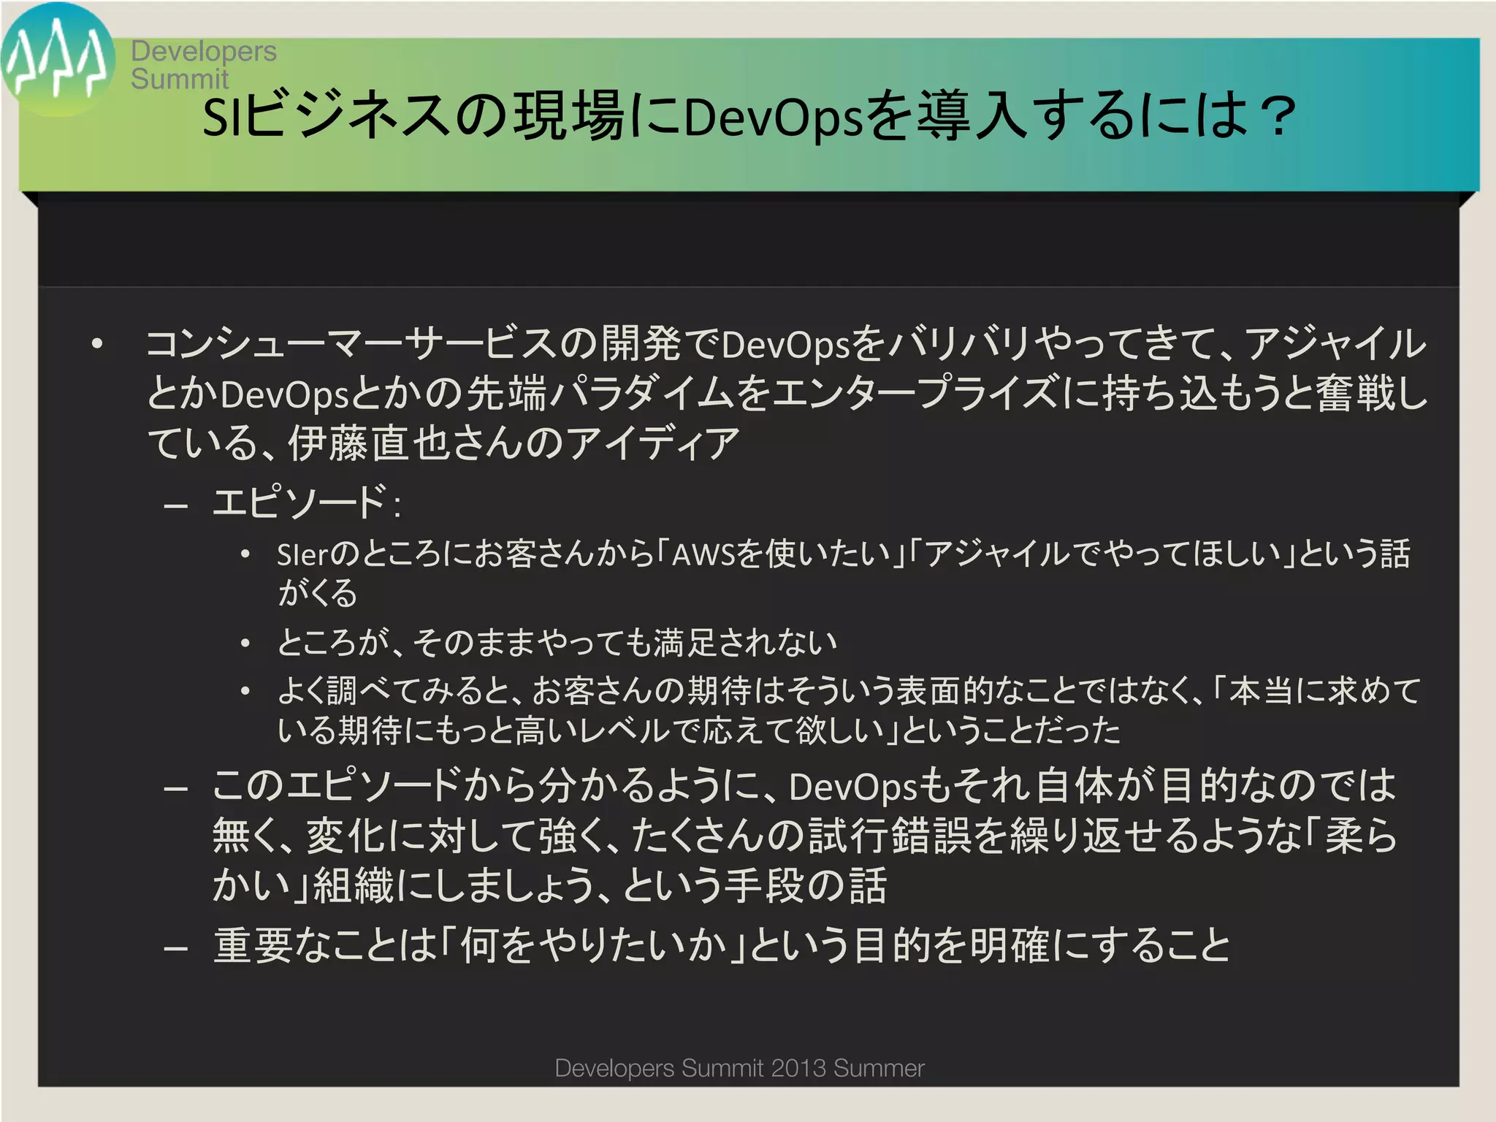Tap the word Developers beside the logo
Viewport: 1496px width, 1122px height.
pyautogui.click(x=204, y=51)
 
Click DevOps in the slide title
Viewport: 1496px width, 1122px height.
pyautogui.click(x=774, y=117)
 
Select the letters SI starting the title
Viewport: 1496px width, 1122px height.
pyautogui.click(x=222, y=117)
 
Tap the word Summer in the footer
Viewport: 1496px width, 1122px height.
pyautogui.click(x=879, y=1068)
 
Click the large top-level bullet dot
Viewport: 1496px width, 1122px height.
pyautogui.click(x=97, y=343)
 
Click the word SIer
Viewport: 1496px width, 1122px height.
pyautogui.click(x=303, y=555)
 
